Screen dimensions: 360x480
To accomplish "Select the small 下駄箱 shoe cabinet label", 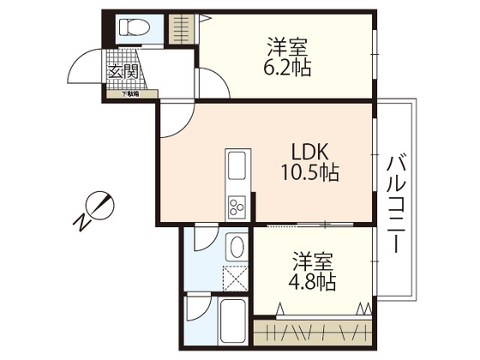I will pyautogui.click(x=129, y=94).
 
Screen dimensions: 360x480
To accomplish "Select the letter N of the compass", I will pyautogui.click(x=82, y=224).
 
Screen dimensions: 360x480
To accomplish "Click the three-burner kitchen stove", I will pyautogui.click(x=236, y=206).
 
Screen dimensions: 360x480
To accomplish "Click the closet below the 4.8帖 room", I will pyautogui.click(x=313, y=331).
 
